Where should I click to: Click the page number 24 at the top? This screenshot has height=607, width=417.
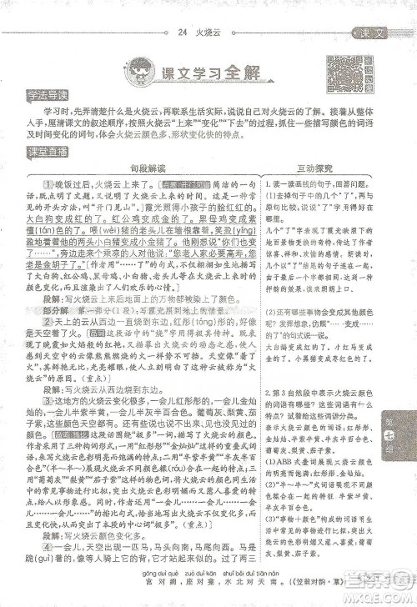click(182, 33)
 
